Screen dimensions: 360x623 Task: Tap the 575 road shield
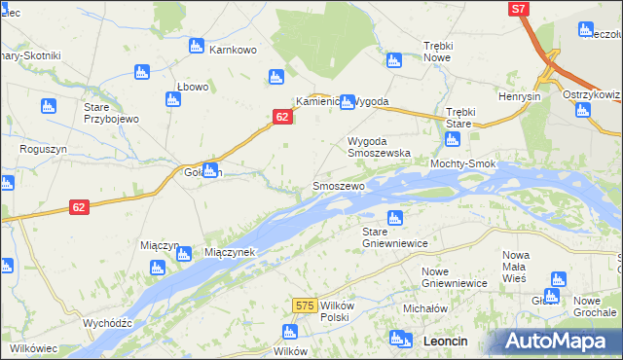304,306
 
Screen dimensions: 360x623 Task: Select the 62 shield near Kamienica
281,117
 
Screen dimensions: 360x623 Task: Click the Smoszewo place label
338,185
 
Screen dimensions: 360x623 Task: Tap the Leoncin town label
447,341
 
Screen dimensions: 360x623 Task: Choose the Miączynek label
230,252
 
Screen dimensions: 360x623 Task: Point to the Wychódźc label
107,322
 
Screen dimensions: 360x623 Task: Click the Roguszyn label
42,149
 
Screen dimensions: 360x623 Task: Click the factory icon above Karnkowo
196,46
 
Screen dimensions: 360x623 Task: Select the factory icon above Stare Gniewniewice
395,217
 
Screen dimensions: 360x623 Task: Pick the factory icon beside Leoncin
397,339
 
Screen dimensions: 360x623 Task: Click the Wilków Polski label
334,311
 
